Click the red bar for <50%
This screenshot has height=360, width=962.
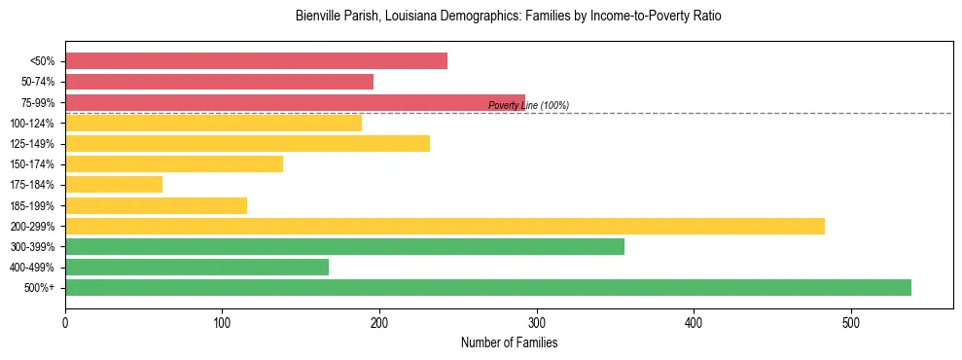coord(256,61)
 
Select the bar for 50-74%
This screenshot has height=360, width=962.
coord(219,82)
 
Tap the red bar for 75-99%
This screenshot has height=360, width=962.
coord(295,102)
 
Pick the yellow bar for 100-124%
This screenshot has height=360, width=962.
coord(213,123)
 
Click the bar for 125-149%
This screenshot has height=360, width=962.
coord(247,143)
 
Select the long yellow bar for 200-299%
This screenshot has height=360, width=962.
coord(445,226)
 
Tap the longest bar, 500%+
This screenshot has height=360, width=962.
coord(488,287)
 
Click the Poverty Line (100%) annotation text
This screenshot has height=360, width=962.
coord(528,105)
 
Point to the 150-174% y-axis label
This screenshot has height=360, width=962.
coord(33,164)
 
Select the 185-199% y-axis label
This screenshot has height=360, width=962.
coord(33,205)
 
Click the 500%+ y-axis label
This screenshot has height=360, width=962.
coord(40,288)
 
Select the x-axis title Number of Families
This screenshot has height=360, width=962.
coord(509,342)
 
